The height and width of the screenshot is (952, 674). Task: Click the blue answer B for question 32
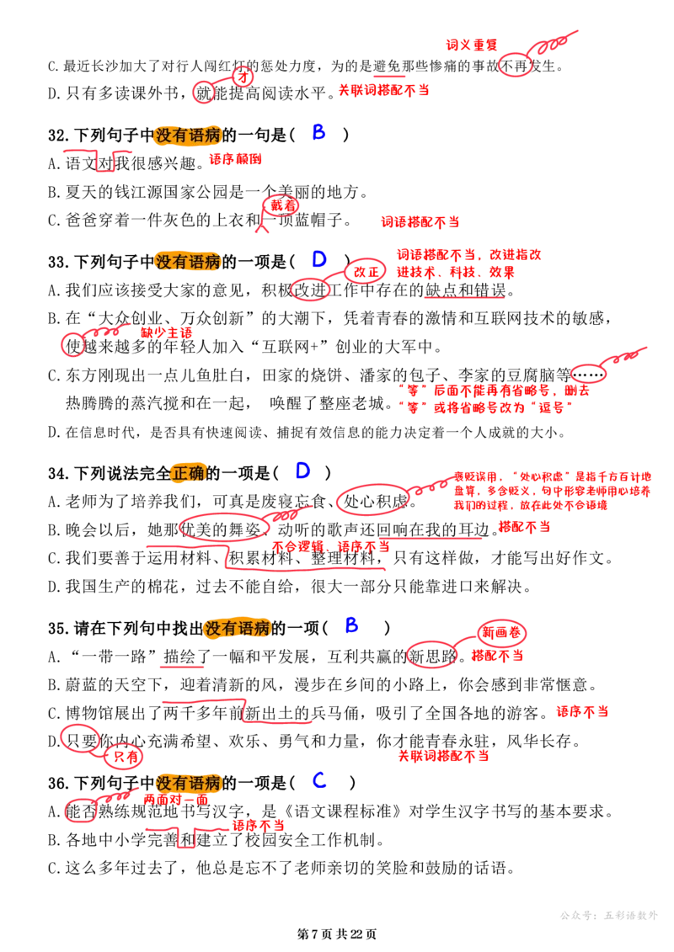[x=319, y=132]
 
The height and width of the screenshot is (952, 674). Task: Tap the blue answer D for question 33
[x=319, y=260]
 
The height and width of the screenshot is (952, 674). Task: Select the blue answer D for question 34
[x=302, y=471]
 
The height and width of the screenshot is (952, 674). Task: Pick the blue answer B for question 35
[x=351, y=625]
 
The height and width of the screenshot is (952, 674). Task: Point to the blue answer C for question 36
[x=319, y=780]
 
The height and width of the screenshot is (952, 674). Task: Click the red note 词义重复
[x=472, y=45]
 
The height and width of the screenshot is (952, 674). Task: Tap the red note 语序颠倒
[x=235, y=159]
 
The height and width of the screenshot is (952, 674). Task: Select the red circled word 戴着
[x=282, y=206]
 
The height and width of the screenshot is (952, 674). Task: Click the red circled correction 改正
[x=366, y=271]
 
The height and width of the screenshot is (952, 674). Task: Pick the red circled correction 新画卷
[x=501, y=633]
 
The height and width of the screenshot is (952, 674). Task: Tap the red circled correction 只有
[x=126, y=757]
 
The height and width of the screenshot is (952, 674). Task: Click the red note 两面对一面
[x=175, y=800]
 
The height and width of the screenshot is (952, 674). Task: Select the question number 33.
[x=58, y=263]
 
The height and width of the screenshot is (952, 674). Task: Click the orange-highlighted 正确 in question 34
[x=189, y=473]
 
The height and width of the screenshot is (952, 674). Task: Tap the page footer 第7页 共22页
[x=337, y=933]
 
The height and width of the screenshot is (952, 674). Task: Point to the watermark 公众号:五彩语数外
[x=609, y=915]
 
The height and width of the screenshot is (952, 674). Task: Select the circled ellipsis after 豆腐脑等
[x=589, y=375]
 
